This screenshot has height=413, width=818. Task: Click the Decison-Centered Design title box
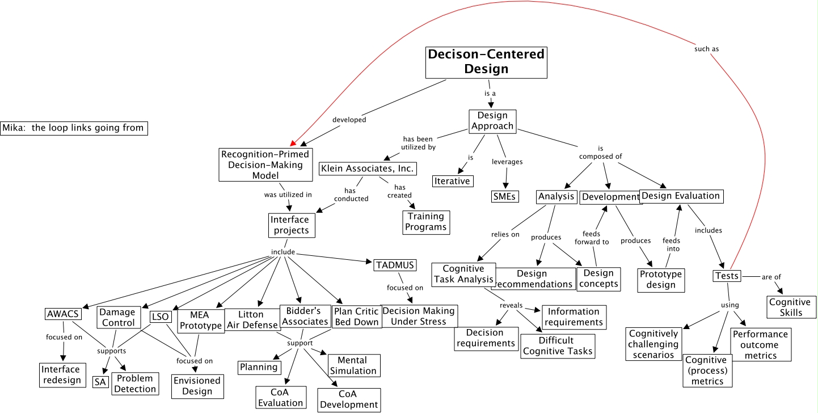point(486,62)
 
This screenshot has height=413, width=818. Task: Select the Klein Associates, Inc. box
point(368,168)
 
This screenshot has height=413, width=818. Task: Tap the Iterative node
point(452,181)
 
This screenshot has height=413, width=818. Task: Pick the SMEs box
point(505,196)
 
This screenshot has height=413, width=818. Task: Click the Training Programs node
point(426,222)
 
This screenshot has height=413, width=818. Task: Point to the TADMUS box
point(395,265)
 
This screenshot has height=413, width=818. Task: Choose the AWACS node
point(63,314)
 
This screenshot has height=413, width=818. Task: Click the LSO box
point(160,317)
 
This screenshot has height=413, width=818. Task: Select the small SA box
point(100,382)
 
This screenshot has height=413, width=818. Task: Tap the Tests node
point(727,276)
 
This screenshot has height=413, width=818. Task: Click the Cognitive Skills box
point(790,307)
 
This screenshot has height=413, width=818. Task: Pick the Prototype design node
point(661,280)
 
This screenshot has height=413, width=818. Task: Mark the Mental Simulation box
point(353,365)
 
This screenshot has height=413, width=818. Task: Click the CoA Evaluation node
point(281,398)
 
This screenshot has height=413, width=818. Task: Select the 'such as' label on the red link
point(706,49)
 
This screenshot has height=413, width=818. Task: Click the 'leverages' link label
point(507,162)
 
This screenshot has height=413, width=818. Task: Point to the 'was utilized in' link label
point(288,195)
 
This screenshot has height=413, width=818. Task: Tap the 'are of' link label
point(771,277)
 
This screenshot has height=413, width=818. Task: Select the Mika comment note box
point(74,128)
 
